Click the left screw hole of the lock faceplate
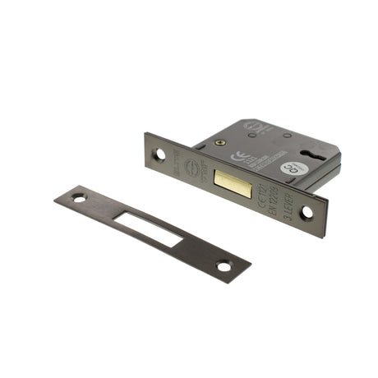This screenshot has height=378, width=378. coord(161,153)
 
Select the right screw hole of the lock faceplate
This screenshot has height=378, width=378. coord(307,212)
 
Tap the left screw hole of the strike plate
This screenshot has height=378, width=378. coord(79,198)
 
